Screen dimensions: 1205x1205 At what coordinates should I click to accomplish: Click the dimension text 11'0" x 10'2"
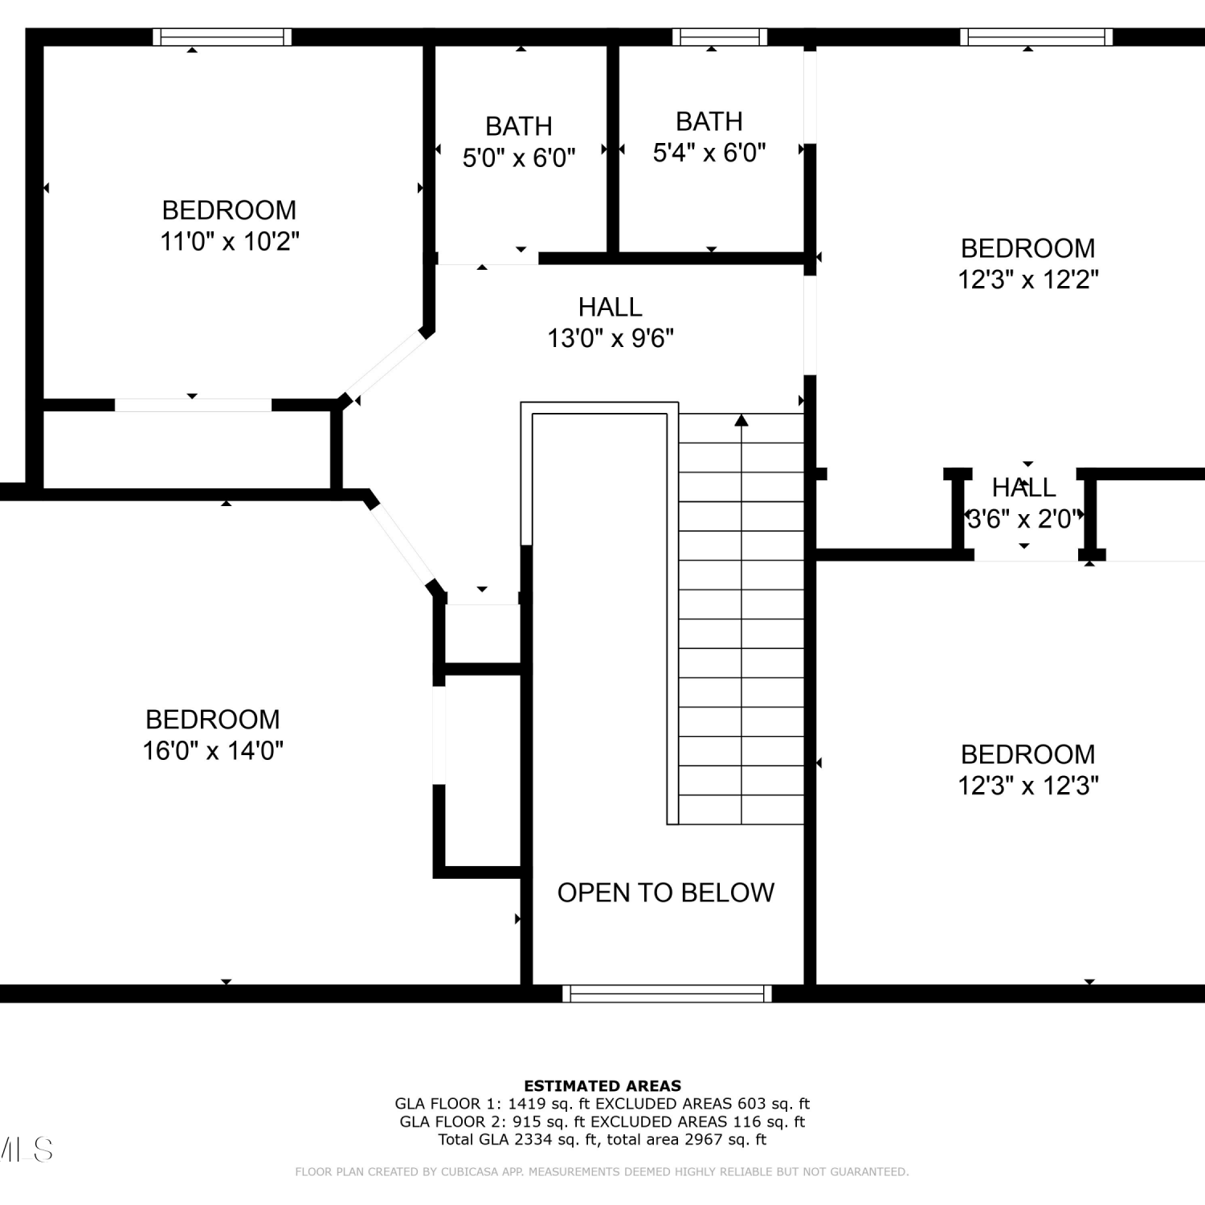pyautogui.click(x=230, y=241)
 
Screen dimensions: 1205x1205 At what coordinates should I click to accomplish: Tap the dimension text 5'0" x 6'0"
pyautogui.click(x=519, y=157)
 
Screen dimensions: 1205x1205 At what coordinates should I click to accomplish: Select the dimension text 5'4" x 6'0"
pyautogui.click(x=709, y=152)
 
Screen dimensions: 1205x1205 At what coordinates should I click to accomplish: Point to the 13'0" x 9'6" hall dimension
pyautogui.click(x=611, y=338)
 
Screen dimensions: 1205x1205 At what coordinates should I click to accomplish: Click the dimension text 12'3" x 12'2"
pyautogui.click(x=1028, y=280)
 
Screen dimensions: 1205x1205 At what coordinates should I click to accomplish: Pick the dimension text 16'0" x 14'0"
pyautogui.click(x=213, y=750)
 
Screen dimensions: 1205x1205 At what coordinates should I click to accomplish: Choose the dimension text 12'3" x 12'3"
pyautogui.click(x=1028, y=785)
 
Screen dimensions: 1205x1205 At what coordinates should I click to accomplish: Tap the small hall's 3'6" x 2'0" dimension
pyautogui.click(x=1022, y=519)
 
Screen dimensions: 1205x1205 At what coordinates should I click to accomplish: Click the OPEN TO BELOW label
pyautogui.click(x=666, y=893)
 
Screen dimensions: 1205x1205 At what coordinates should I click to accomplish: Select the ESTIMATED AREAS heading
pyautogui.click(x=602, y=1086)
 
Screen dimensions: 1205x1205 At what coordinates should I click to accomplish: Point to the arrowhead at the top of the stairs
pyautogui.click(x=741, y=420)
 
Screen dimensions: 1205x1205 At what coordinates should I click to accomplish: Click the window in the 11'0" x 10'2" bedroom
pyautogui.click(x=223, y=37)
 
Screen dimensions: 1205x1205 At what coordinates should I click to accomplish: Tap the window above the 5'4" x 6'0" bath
pyautogui.click(x=720, y=37)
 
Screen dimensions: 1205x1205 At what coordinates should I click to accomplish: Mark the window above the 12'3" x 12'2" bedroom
pyautogui.click(x=1036, y=37)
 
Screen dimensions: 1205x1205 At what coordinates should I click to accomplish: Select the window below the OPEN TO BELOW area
pyautogui.click(x=667, y=994)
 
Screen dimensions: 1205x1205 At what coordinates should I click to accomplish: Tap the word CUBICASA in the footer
pyautogui.click(x=467, y=1172)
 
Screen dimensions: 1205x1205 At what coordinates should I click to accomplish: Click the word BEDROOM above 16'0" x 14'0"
pyautogui.click(x=213, y=719)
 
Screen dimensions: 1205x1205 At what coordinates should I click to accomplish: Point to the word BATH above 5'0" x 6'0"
pyautogui.click(x=519, y=126)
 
